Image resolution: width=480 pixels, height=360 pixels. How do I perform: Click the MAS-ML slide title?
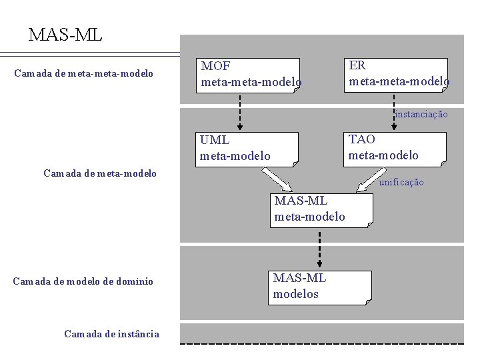click(x=65, y=35)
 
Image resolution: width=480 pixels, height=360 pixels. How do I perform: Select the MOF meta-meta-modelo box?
click(x=250, y=75)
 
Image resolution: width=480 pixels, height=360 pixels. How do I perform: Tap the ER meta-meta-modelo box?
click(x=398, y=74)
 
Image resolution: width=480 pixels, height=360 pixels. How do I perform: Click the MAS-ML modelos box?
click(x=319, y=287)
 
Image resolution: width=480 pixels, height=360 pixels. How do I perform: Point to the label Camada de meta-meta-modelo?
click(x=84, y=73)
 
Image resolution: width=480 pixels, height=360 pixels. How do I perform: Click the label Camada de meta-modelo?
click(x=100, y=173)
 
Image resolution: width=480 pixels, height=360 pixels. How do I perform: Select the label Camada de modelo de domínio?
click(x=83, y=281)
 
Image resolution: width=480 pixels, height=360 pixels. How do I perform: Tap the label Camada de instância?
click(x=112, y=334)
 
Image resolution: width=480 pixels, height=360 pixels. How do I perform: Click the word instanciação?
click(x=421, y=115)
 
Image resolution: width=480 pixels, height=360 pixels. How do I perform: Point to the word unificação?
click(x=401, y=183)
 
